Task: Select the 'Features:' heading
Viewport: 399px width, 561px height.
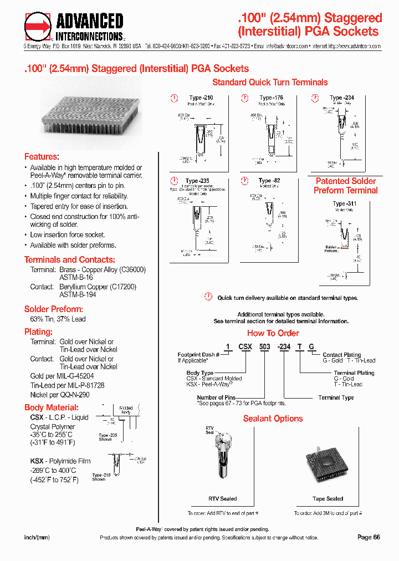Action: pos(42,157)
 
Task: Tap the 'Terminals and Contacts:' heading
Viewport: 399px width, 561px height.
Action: pos(70,259)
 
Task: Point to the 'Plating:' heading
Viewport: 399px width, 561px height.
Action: pos(38,331)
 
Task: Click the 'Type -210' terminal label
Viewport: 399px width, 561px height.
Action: pos(201,98)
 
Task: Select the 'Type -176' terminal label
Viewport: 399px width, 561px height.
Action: pos(271,98)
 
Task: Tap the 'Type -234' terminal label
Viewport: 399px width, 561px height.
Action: pos(341,98)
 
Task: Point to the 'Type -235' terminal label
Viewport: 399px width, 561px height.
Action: pos(197,181)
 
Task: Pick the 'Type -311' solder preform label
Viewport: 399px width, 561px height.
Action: pos(345,204)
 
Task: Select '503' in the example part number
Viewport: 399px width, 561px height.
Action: pos(264,346)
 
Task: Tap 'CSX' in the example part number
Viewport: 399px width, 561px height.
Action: pos(245,346)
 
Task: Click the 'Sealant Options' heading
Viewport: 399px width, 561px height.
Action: pos(273,419)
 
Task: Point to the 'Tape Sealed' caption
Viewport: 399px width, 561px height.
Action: pos(328,499)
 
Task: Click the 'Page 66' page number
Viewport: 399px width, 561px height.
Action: pos(369,537)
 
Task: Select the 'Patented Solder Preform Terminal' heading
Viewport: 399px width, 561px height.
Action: pos(345,186)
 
